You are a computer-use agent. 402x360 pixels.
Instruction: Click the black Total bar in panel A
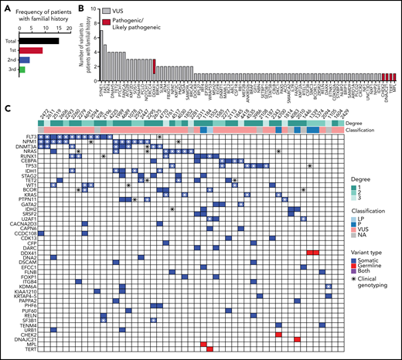coord(39,40)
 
